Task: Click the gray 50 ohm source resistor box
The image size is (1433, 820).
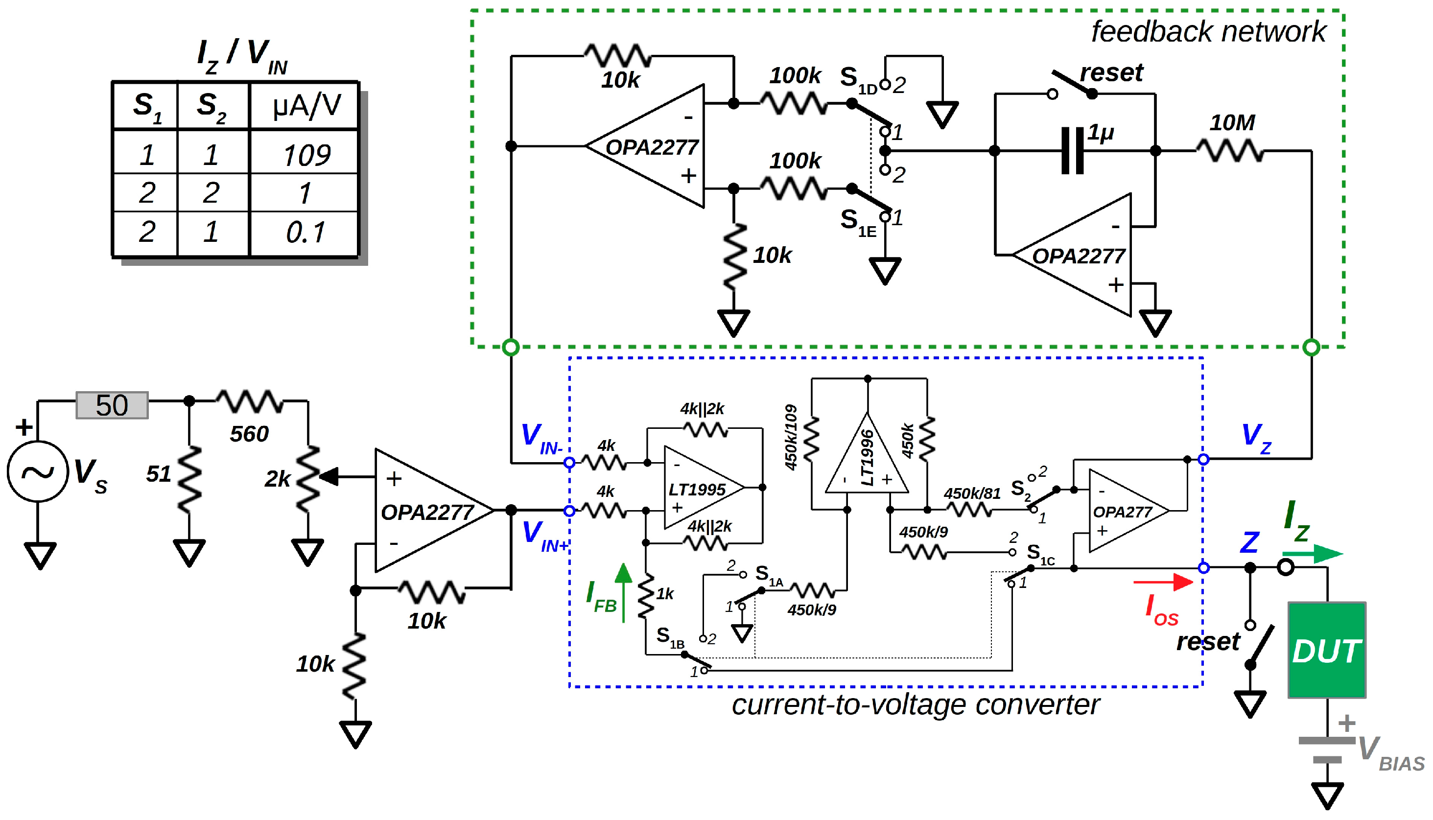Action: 112,405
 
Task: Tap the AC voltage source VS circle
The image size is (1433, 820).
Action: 37,471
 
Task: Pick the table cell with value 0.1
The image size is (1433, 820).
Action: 305,232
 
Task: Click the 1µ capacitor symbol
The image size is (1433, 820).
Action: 1072,150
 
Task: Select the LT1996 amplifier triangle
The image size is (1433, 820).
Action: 867,459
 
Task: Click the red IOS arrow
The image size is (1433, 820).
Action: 1162,582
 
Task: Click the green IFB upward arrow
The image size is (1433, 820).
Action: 623,591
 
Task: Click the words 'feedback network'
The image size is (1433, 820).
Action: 1208,31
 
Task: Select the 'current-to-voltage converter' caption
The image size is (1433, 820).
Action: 915,704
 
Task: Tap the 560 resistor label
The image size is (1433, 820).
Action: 249,434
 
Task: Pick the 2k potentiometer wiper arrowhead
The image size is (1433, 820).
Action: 329,476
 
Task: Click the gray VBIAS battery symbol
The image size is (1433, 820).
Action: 1327,750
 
